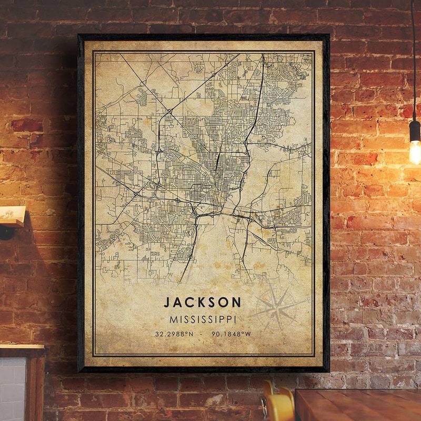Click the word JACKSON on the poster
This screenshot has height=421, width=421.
click(203, 302)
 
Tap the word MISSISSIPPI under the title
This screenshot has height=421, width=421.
click(203, 319)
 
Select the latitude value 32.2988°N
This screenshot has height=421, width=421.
click(174, 334)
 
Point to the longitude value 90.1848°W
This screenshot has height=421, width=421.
click(231, 334)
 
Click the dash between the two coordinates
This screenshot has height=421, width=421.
click(203, 334)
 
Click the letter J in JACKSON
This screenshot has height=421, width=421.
click(167, 302)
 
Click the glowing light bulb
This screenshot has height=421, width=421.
click(415, 150)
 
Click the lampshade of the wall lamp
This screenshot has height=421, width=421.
click(12, 215)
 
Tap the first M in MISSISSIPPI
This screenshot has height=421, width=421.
click(173, 319)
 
